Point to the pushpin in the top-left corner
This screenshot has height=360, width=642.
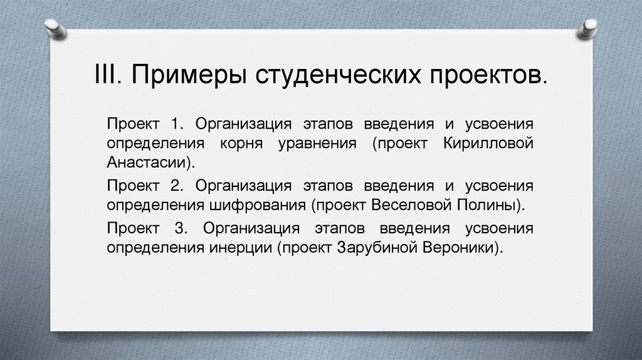click(55, 28)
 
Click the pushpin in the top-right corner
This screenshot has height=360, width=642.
click(587, 28)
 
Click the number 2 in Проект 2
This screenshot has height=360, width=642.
click(176, 185)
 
